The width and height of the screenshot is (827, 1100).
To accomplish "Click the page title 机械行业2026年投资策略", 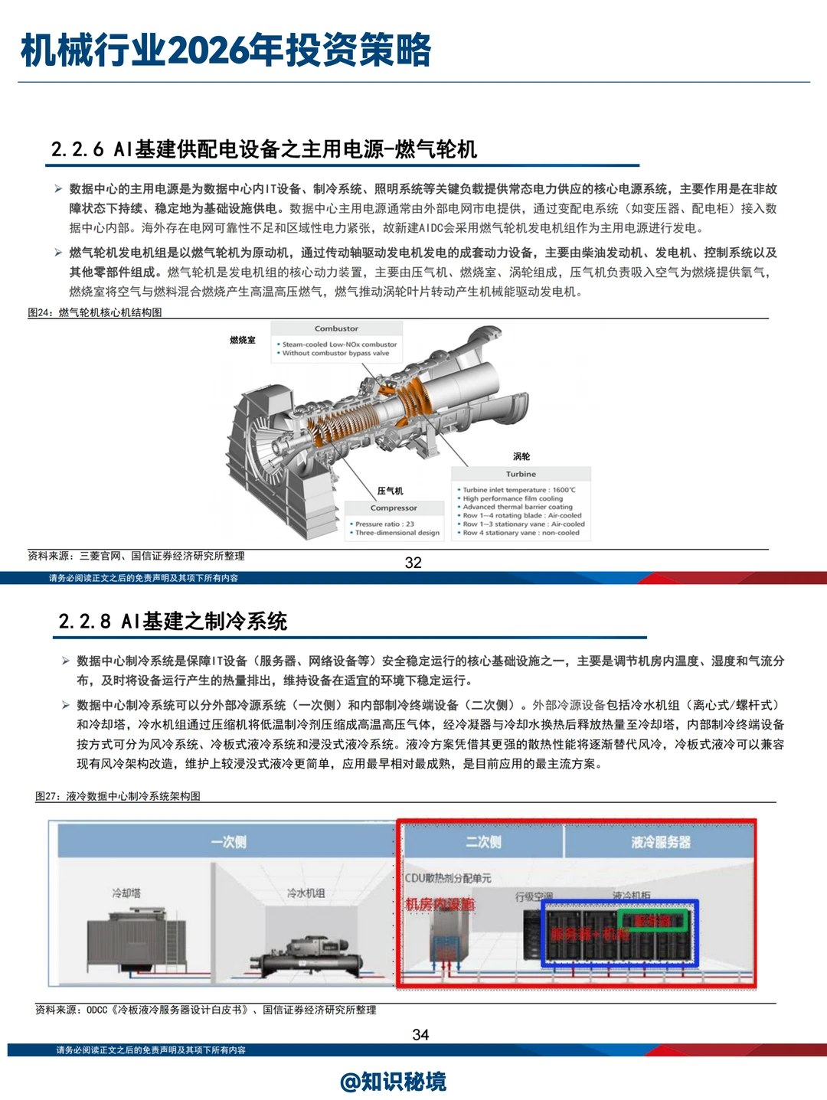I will tap(226, 51).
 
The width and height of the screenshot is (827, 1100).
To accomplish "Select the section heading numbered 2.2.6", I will tap(264, 149).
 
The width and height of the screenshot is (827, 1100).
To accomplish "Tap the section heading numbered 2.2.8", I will tap(173, 621).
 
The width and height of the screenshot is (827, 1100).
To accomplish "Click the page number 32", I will tap(413, 563).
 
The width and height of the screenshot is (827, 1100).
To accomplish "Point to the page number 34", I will tap(420, 1035).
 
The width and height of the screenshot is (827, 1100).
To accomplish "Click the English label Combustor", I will tap(336, 328).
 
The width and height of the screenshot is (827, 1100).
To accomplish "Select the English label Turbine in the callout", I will tap(521, 474).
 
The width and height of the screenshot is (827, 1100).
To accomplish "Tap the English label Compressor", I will tap(394, 508).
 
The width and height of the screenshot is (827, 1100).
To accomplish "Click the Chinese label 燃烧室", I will tap(243, 340).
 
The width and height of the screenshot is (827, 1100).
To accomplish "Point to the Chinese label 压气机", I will tap(390, 491).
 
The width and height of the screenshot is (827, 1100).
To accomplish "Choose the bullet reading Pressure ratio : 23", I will tap(384, 524).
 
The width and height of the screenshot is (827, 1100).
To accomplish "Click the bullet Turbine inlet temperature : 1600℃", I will tap(518, 490).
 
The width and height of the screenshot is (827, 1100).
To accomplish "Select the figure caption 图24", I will tap(95, 312).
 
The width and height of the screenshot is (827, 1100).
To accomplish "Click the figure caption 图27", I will tap(118, 796).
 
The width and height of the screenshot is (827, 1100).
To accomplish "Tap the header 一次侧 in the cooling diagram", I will tap(228, 842).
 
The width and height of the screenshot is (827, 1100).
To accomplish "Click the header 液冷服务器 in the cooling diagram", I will tap(660, 842).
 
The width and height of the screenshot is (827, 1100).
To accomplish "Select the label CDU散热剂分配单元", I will tap(448, 878).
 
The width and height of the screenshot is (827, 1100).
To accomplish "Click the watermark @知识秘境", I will tap(394, 1082).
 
